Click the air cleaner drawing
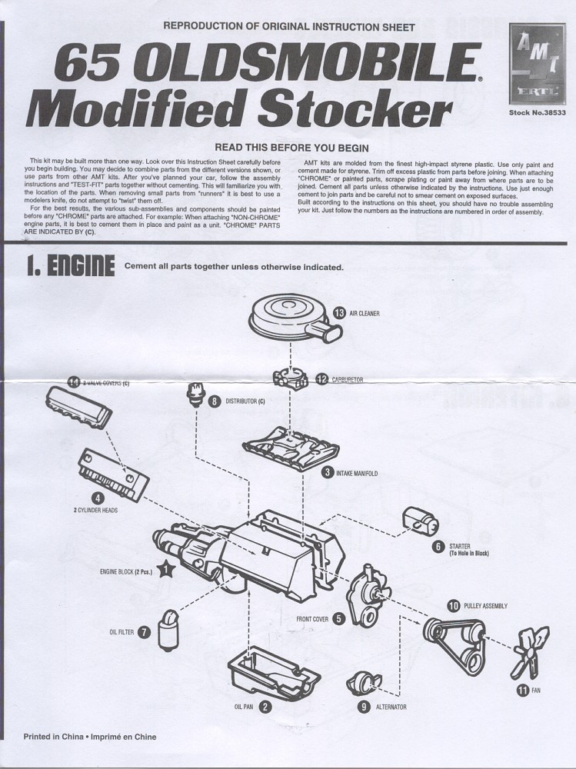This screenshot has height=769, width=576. [x=290, y=316]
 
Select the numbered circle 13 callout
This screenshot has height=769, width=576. [x=341, y=313]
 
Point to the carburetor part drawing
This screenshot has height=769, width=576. [x=291, y=378]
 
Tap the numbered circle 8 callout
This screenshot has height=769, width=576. [x=215, y=401]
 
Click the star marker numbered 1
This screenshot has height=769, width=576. [x=167, y=570]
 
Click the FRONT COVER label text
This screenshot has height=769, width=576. [x=312, y=618]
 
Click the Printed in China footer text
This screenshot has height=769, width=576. [x=90, y=736]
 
